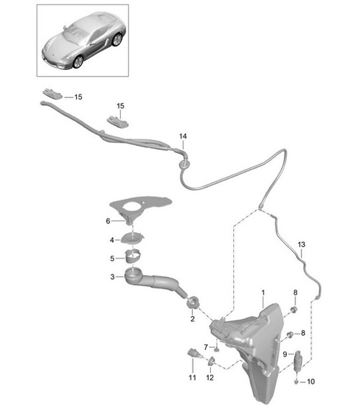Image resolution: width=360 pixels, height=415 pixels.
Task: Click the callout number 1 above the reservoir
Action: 262,292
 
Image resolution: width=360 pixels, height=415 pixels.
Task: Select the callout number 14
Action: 183,136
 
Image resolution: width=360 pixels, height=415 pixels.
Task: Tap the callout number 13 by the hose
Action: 301,245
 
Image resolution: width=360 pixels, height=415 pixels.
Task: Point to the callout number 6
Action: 109,221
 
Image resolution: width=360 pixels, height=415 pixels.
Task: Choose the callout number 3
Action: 112,278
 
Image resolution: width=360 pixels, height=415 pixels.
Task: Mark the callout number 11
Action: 192,377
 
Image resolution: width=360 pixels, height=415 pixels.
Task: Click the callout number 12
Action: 210,377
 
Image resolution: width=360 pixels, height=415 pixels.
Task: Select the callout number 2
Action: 192,319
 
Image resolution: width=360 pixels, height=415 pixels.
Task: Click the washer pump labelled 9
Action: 297,359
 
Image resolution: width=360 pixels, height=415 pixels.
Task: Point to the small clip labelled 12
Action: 211,361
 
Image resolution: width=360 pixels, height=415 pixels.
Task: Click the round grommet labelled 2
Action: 193,303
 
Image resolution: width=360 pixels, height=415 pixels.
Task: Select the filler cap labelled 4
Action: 134,239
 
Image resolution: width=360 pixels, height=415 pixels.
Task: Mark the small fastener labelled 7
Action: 215,346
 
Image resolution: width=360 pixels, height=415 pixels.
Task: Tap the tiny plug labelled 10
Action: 296,381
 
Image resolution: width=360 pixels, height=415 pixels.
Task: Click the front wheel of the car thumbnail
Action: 78,61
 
